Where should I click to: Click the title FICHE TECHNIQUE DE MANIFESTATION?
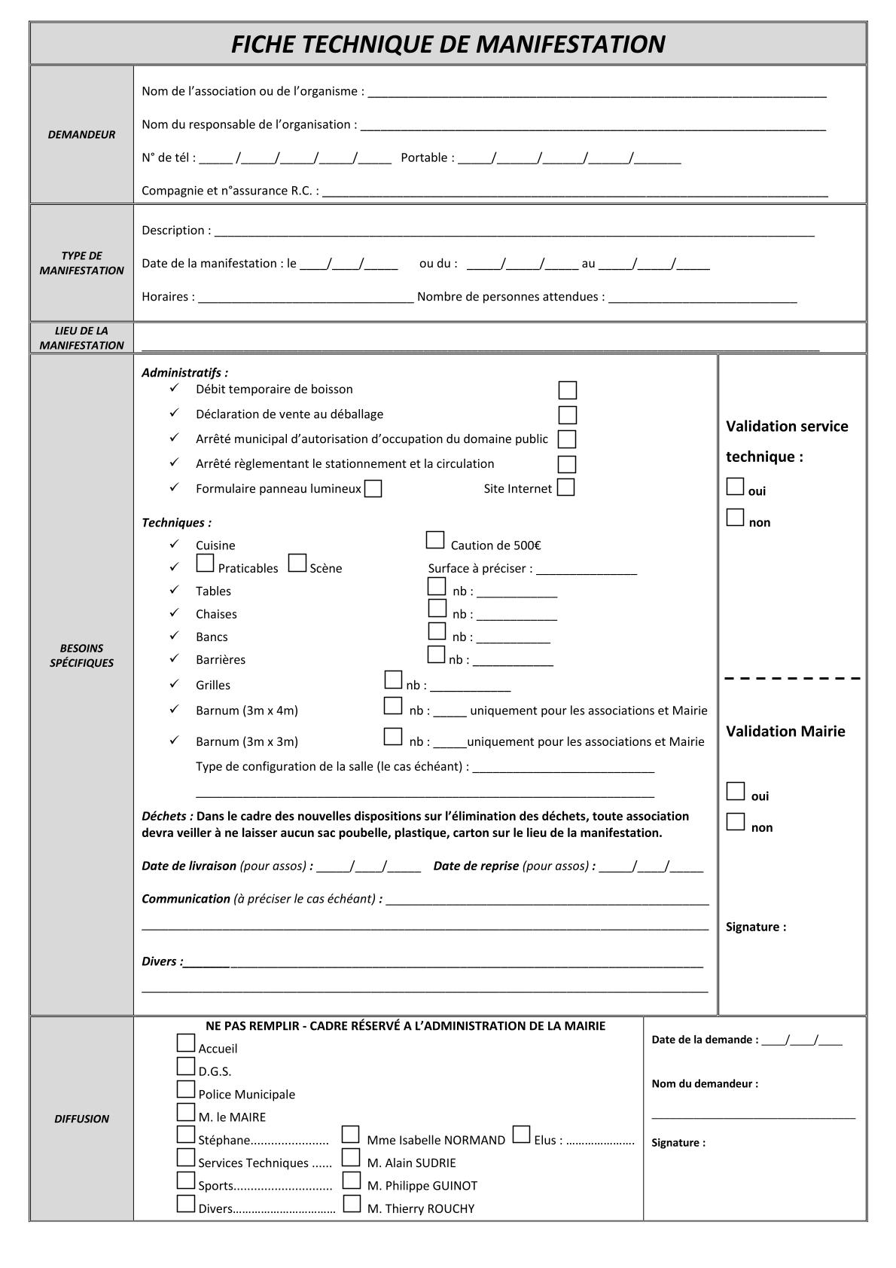tap(447, 44)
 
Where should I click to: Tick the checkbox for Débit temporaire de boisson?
tap(567, 390)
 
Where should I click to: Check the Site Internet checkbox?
tap(565, 487)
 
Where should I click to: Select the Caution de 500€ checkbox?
tap(434, 540)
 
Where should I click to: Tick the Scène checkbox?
tap(297, 563)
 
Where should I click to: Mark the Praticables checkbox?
tap(205, 563)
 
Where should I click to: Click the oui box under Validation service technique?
tap(735, 487)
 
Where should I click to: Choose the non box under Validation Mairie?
tap(735, 822)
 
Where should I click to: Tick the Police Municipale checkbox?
tap(186, 1089)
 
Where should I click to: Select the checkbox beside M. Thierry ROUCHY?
tap(352, 1204)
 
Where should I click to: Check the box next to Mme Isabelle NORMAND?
tap(350, 1135)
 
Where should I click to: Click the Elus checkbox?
tap(521, 1135)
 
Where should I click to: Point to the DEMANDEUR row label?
tap(81, 135)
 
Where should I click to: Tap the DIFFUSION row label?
tap(81, 1119)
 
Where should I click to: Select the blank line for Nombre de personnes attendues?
tap(702, 298)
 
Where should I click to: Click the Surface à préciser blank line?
tap(587, 570)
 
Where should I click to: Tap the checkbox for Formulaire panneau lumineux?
tap(373, 489)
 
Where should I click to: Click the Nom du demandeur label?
tap(705, 1083)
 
